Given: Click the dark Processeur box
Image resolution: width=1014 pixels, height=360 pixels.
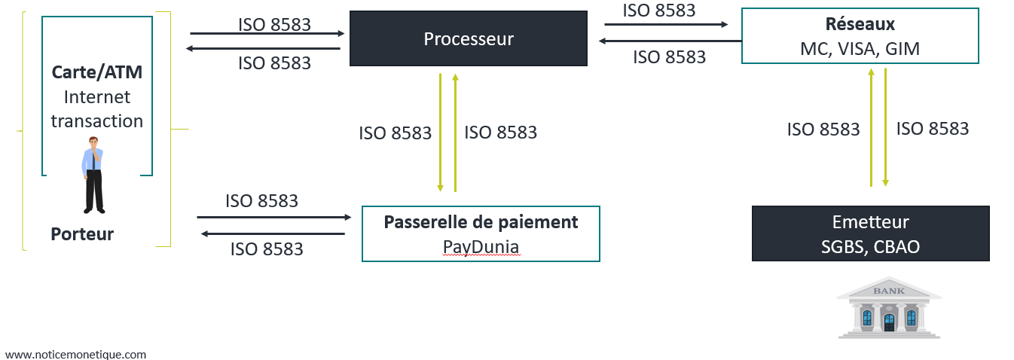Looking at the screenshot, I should pyautogui.click(x=468, y=38).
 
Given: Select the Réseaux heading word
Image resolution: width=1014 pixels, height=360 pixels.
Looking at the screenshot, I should pyautogui.click(x=860, y=25).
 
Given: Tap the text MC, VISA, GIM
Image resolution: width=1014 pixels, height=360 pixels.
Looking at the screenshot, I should pyautogui.click(x=860, y=49).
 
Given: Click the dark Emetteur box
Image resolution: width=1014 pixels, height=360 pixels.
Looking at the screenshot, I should pyautogui.click(x=870, y=233).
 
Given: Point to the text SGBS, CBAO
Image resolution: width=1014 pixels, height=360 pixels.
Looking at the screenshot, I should pyautogui.click(x=870, y=246).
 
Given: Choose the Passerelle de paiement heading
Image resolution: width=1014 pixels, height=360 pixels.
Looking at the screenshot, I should pyautogui.click(x=481, y=222).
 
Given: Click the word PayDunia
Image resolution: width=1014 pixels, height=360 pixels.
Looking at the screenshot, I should pyautogui.click(x=481, y=247).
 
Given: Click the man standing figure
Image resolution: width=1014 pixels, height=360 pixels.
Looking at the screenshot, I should pyautogui.click(x=93, y=175).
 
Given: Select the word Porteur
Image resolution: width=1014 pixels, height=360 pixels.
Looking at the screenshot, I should pyautogui.click(x=82, y=234).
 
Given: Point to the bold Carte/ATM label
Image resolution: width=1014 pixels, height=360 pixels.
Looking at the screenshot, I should pyautogui.click(x=96, y=72).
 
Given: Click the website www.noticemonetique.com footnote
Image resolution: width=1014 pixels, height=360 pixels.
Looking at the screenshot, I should pyautogui.click(x=75, y=354).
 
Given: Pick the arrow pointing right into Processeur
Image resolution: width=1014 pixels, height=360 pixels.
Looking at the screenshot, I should pyautogui.click(x=267, y=33).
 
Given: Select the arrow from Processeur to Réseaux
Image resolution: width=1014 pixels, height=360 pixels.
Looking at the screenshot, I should pyautogui.click(x=666, y=25).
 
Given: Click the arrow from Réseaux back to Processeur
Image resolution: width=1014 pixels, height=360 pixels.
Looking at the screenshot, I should pyautogui.click(x=670, y=41).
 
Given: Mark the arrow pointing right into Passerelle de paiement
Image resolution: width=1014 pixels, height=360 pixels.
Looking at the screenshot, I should pyautogui.click(x=274, y=217).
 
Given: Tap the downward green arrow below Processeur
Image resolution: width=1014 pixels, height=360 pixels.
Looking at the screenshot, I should pyautogui.click(x=441, y=133).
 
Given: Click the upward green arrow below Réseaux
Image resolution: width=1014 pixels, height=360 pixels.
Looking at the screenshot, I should pyautogui.click(x=871, y=128).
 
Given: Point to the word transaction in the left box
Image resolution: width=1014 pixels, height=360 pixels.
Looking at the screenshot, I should pyautogui.click(x=96, y=121).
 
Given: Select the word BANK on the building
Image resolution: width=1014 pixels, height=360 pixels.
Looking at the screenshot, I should pyautogui.click(x=888, y=291).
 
